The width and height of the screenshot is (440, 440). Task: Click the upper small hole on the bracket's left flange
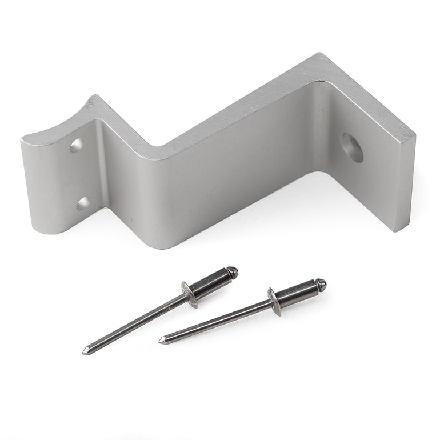point(77,145)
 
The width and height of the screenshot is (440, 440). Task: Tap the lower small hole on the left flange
point(83,203)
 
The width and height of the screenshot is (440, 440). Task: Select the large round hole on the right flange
point(352,147)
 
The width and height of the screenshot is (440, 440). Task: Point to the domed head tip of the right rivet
point(321,284)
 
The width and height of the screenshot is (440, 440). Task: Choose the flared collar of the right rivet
point(275,301)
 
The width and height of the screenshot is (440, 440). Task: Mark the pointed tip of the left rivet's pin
point(85,351)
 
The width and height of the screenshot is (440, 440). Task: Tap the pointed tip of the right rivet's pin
point(162,341)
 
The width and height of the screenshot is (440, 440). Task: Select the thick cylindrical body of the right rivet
point(297,293)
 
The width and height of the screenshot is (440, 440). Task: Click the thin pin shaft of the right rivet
point(217,321)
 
